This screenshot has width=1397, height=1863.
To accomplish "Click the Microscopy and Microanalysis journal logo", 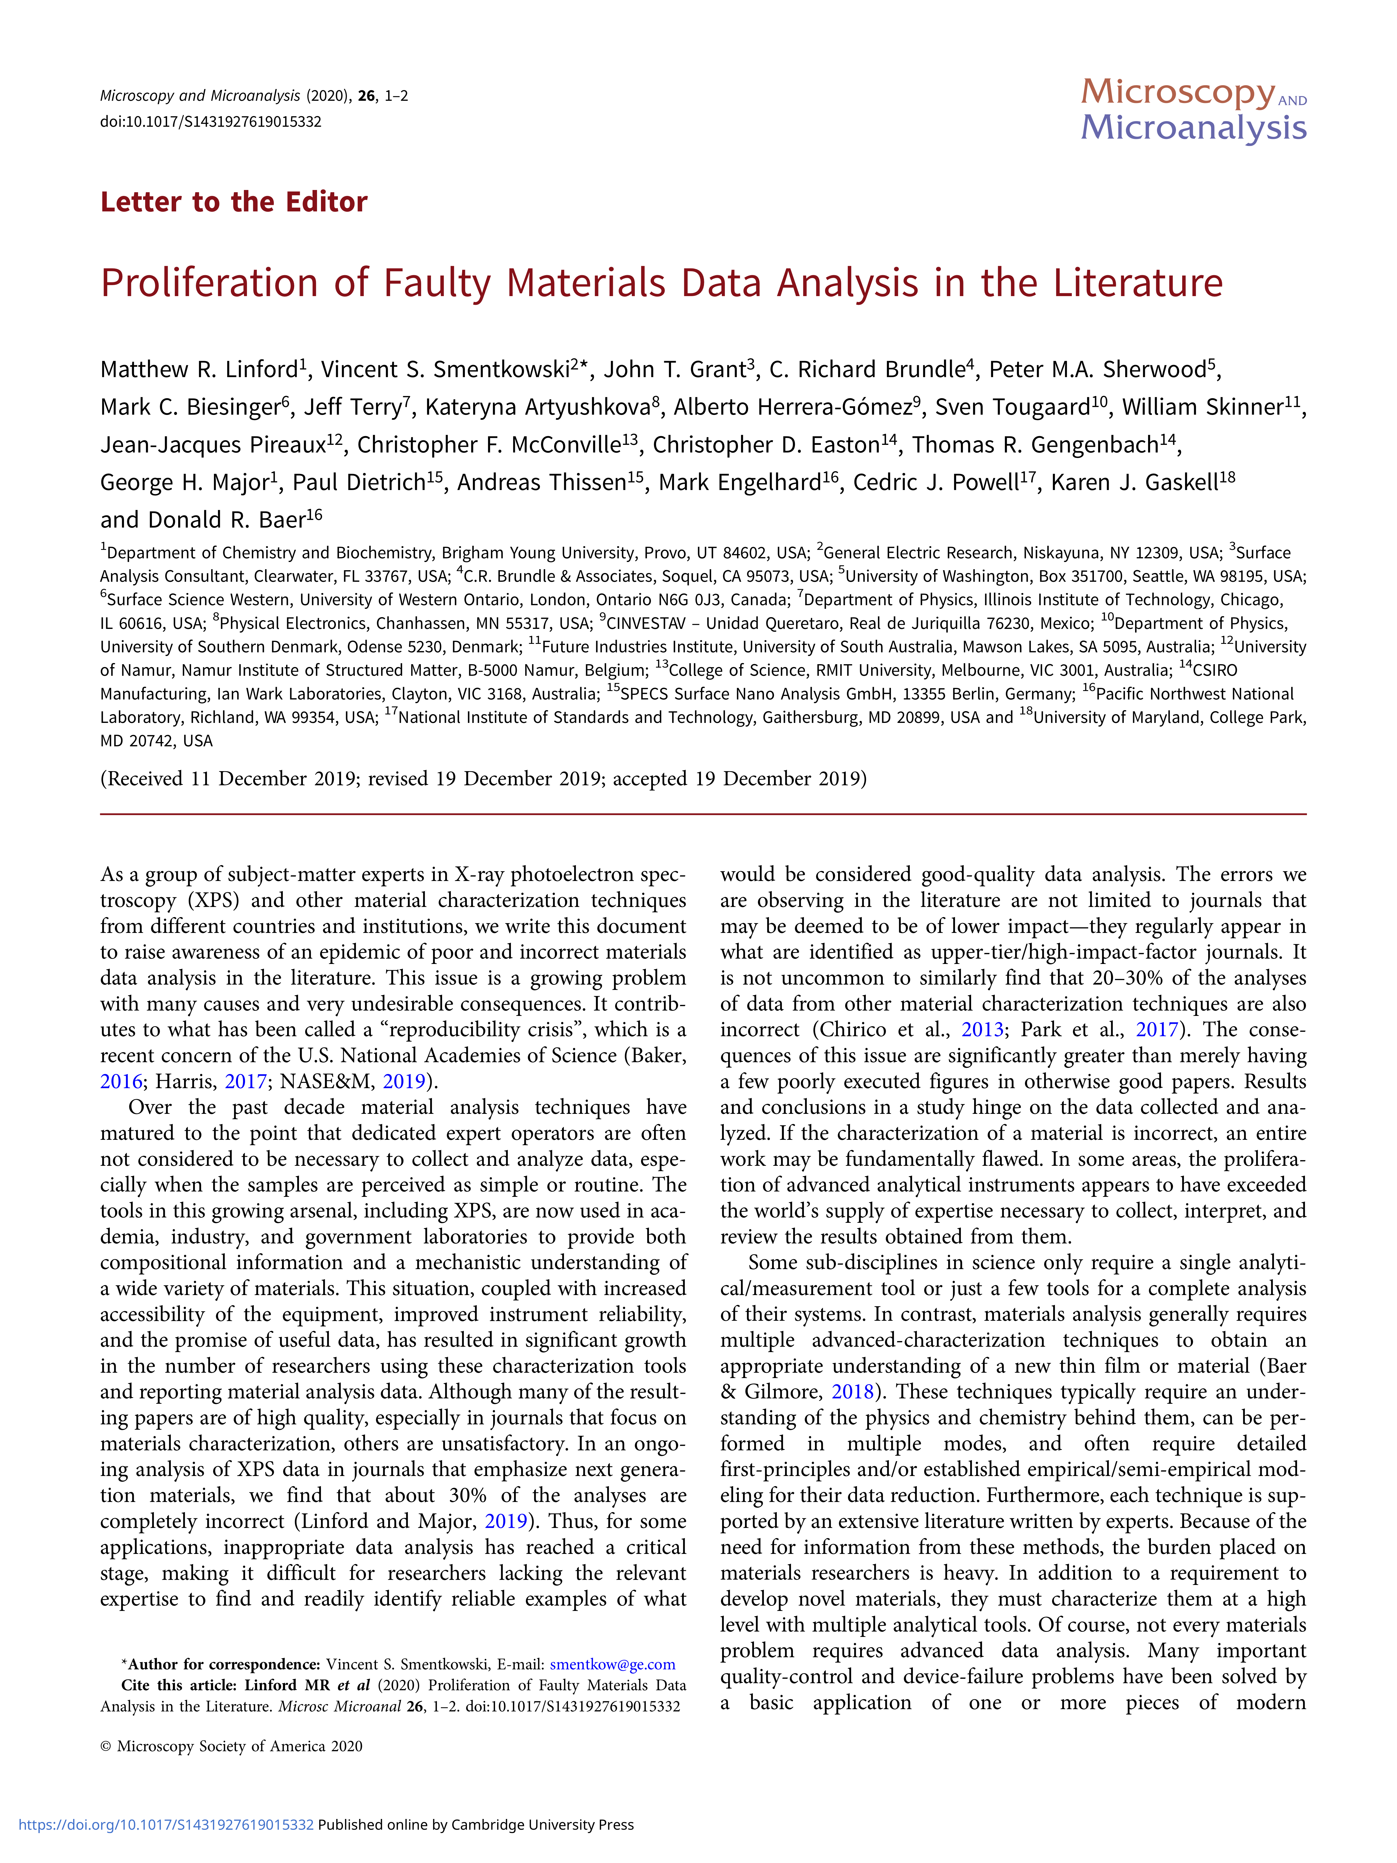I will coord(1193,110).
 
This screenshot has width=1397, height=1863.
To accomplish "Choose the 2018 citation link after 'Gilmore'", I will coord(853,1391).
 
